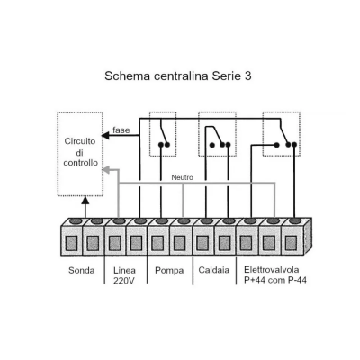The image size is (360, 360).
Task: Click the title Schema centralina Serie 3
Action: pos(178,76)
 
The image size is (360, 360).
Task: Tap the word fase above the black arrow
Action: pos(121,130)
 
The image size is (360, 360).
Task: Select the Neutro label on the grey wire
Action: pos(182,177)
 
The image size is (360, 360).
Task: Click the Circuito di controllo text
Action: pos(80,152)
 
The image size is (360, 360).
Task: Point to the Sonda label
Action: pos(82,270)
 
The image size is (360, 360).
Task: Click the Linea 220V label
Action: pos(124,275)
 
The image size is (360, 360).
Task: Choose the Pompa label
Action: pos(169,271)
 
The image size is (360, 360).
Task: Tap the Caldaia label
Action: pos(214,270)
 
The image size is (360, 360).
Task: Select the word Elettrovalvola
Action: pos(272,269)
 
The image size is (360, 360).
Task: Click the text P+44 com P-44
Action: pos(275,280)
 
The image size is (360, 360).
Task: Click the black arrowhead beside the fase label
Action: pos(105,136)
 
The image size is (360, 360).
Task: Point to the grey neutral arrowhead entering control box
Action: pos(106,170)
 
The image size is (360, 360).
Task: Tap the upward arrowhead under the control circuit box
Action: pos(85,200)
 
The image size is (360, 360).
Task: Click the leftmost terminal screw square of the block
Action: pos(71,243)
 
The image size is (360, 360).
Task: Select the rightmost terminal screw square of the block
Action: pos(291,243)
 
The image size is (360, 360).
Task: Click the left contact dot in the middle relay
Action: pos(212,145)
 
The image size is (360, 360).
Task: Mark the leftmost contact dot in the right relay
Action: pos(276,145)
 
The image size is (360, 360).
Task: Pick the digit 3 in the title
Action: pos(247,76)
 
